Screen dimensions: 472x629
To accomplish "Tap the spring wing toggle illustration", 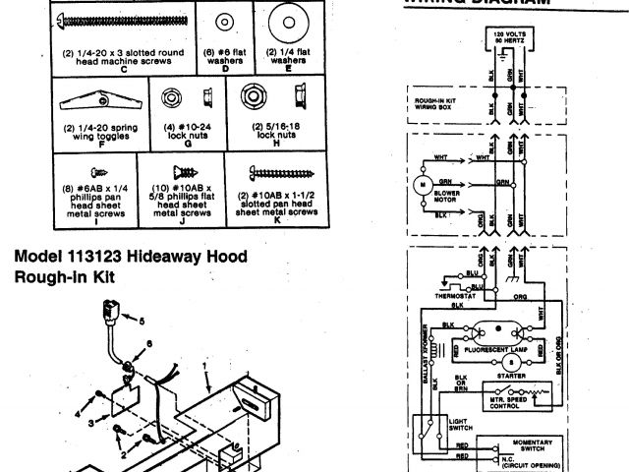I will click(101, 101).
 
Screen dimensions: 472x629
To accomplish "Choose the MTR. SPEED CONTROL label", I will click(511, 401).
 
